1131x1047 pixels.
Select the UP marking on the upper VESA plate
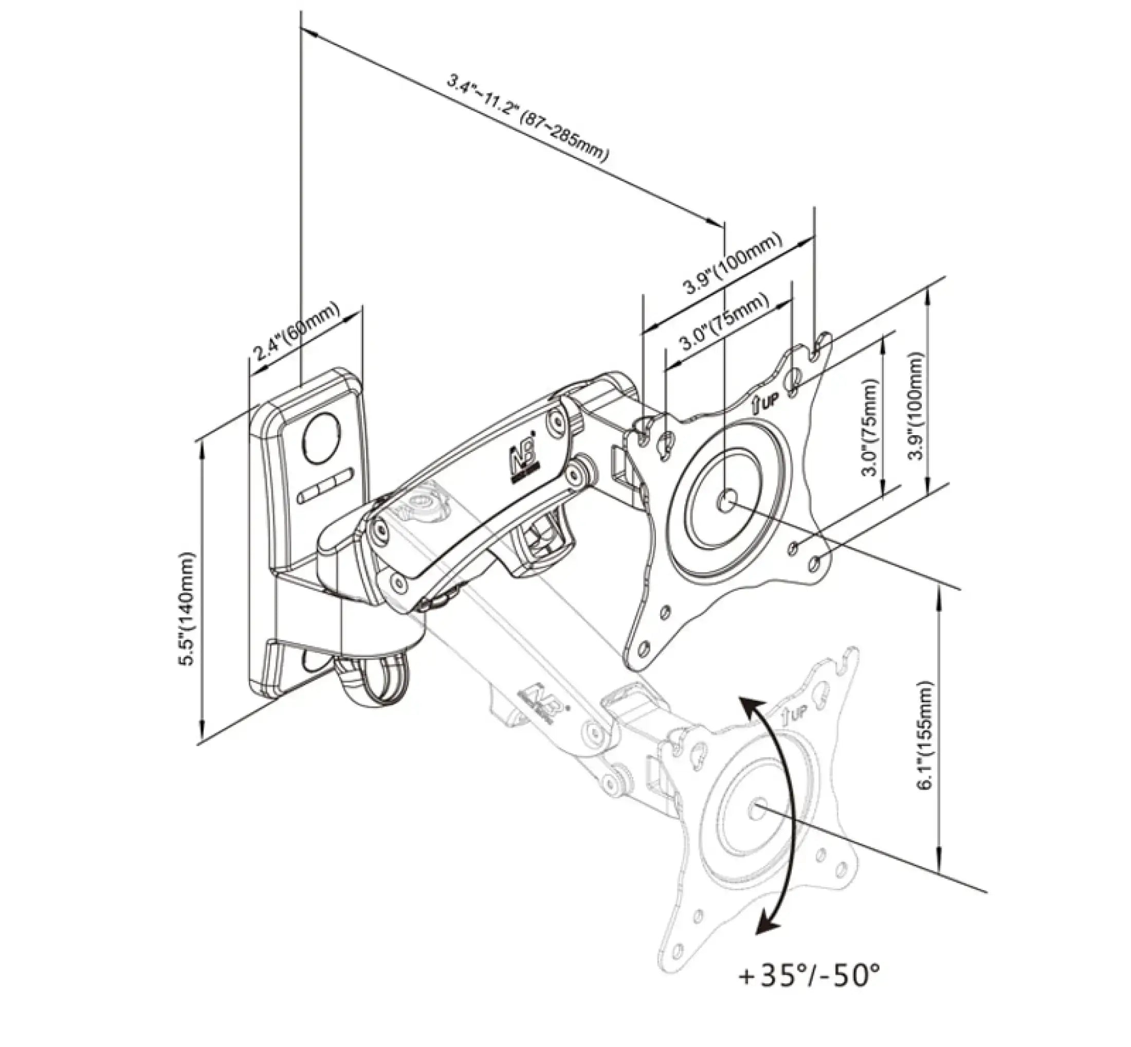767,403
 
